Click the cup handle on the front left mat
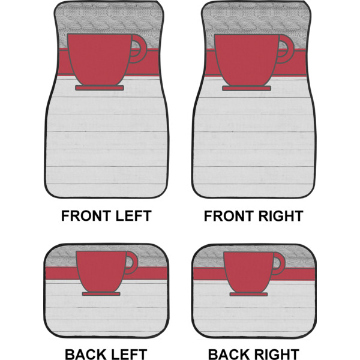tap(141, 49)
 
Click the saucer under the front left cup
tap(100, 88)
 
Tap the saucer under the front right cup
tap(247, 88)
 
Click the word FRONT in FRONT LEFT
tap(88, 215)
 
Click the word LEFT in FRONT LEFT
tap(133, 215)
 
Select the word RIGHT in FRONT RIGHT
tap(280, 215)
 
